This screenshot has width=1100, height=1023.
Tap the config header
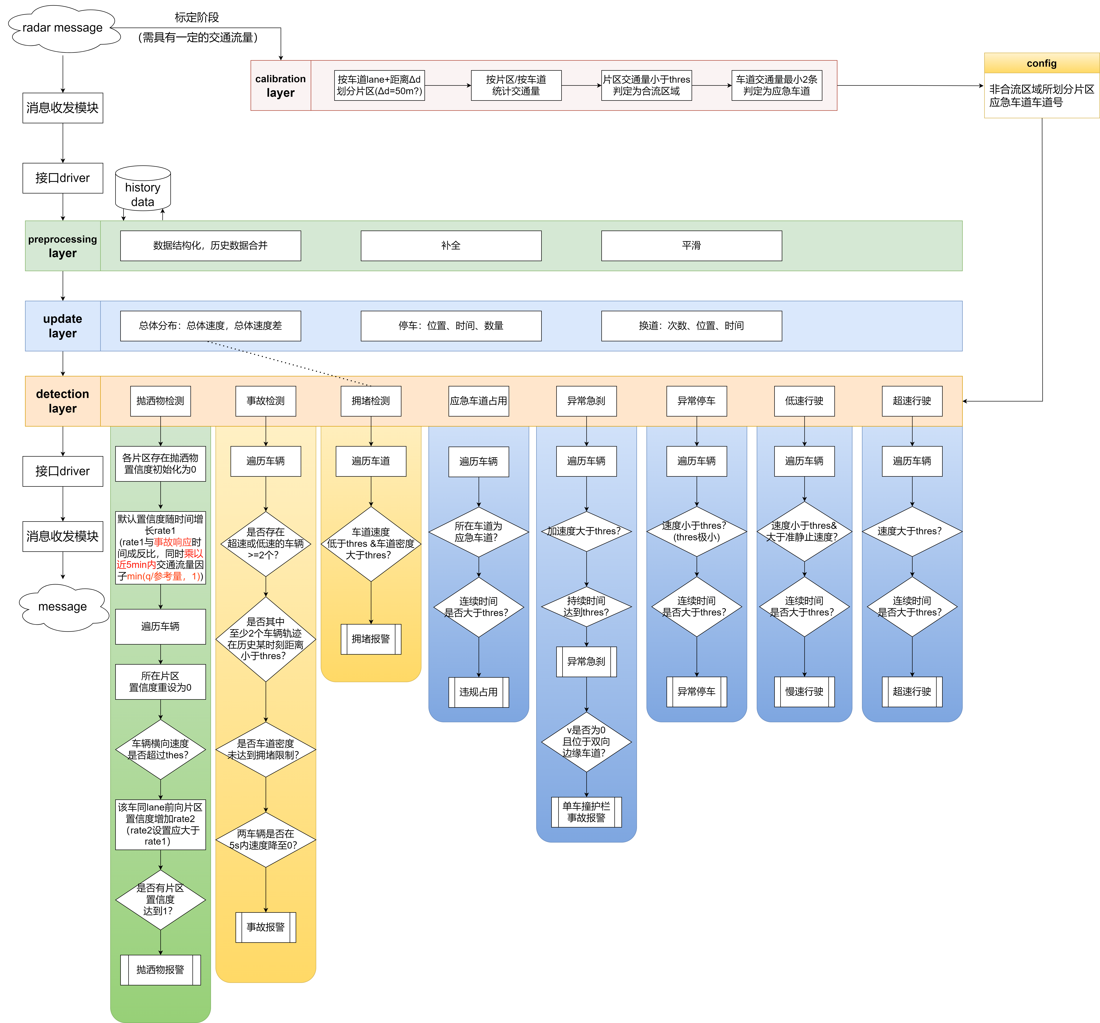(x=1041, y=63)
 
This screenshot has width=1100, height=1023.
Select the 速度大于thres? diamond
(x=912, y=531)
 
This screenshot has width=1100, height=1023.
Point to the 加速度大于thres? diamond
(x=586, y=531)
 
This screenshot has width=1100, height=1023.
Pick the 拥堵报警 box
(x=371, y=639)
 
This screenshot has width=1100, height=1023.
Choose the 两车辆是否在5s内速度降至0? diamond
(x=266, y=839)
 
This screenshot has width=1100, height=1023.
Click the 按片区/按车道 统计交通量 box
(x=516, y=85)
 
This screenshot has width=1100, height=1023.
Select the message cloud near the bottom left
(x=62, y=607)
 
